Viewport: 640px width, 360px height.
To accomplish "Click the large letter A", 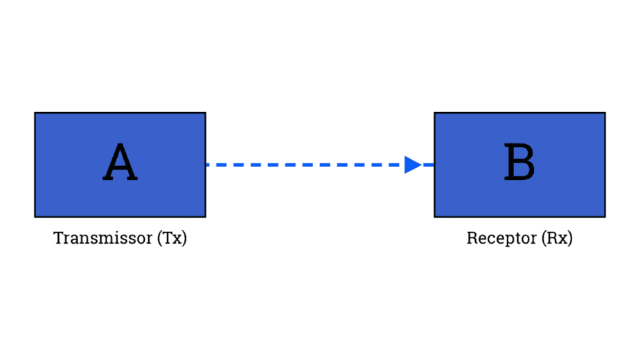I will point(120,164).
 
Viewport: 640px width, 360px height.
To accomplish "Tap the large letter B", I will point(519,164).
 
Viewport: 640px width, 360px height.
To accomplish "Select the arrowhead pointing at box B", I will point(413,165).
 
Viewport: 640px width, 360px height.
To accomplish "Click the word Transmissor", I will point(103,239).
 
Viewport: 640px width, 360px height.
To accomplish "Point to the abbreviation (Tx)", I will point(172,239).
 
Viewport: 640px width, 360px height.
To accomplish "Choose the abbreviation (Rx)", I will point(556,239).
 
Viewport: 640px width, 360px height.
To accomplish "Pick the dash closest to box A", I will point(212,165).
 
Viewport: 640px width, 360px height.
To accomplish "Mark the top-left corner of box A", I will point(35,113).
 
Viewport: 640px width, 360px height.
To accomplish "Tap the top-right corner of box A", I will point(205,113).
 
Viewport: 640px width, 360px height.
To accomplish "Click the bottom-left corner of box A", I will point(35,217).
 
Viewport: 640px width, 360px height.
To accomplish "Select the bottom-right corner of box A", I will point(205,217).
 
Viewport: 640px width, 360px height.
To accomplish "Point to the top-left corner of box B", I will point(434,113).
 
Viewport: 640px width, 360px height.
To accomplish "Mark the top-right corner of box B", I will point(605,113).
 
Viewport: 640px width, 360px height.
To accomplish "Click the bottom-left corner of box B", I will point(434,217).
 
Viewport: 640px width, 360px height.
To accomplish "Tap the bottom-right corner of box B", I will point(605,217).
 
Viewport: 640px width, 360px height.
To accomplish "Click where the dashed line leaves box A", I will point(206,165).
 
